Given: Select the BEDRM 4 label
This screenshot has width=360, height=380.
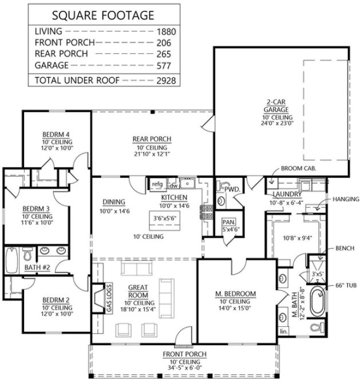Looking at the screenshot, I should [57, 134].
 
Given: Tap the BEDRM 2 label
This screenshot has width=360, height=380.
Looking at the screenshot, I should [56, 299].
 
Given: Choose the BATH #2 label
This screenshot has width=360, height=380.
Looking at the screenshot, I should [37, 267].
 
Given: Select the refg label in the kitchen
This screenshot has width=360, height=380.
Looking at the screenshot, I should [157, 184].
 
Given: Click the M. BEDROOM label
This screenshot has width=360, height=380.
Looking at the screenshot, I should [235, 294].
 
